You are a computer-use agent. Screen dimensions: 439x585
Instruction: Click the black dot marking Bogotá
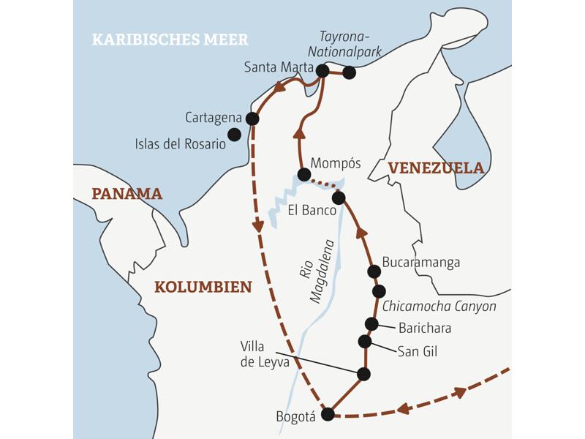coord(328,414)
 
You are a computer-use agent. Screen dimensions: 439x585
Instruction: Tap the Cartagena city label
coord(213,117)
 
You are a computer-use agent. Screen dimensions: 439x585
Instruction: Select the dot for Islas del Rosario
coord(234,134)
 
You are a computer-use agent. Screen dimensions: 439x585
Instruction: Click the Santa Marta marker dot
coord(322,70)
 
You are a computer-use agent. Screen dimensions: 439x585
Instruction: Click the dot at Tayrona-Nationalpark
coord(349,72)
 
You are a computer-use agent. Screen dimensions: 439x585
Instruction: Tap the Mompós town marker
coord(303,174)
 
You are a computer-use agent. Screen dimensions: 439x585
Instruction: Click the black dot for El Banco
coord(338,198)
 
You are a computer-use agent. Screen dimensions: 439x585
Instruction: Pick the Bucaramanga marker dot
coord(374,271)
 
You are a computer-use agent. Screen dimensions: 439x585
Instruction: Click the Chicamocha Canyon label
coord(439,306)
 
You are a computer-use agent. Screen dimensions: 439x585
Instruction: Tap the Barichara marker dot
coord(371,324)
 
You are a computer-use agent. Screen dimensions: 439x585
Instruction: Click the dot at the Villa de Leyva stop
coord(363,374)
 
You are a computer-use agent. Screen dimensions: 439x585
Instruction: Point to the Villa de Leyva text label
coord(265,353)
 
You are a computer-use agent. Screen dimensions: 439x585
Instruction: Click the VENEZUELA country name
coord(436,168)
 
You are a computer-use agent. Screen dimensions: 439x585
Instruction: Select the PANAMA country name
coord(127,194)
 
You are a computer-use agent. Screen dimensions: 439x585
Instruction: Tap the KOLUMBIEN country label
coord(203,287)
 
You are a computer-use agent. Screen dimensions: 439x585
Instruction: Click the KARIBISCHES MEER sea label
coord(170,40)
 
